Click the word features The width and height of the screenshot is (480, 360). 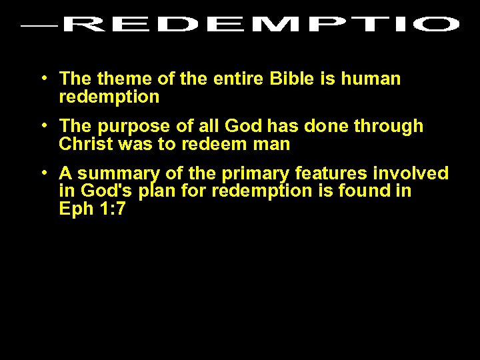(x=331, y=174)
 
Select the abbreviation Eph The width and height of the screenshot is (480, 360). (x=74, y=209)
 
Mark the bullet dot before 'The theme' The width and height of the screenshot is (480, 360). (x=43, y=77)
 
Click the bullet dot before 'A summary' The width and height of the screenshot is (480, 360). (x=43, y=172)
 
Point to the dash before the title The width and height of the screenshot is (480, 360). (x=39, y=27)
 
